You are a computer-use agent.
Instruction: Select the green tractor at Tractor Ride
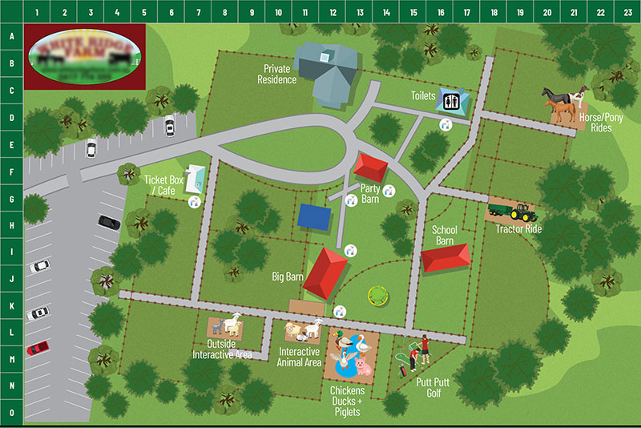click(x=523, y=212)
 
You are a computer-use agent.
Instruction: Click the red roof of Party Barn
click(x=371, y=167)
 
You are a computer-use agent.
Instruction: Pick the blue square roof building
click(x=315, y=216)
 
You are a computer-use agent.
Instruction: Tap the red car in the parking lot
click(x=37, y=348)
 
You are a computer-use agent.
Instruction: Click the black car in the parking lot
click(x=109, y=222)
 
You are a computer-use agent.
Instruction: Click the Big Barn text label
click(x=287, y=277)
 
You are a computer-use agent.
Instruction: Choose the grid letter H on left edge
click(x=11, y=225)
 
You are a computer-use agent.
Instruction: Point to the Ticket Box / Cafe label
click(x=164, y=185)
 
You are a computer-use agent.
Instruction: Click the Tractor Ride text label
click(x=518, y=228)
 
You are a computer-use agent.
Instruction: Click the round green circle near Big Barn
click(x=374, y=296)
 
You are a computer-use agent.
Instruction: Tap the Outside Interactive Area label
click(x=223, y=349)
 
